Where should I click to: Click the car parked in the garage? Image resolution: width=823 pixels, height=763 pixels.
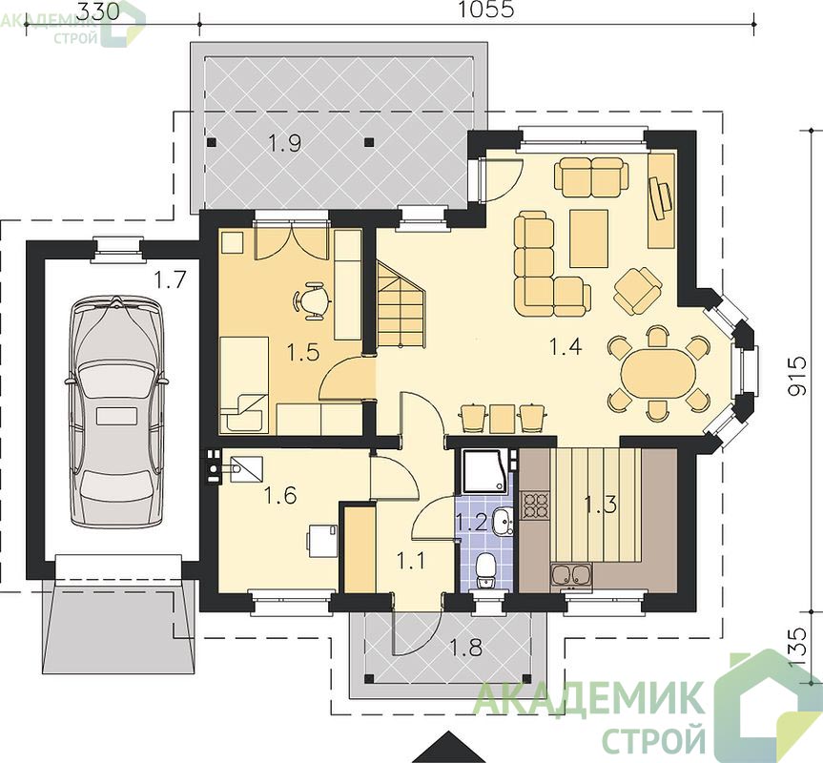(117, 411)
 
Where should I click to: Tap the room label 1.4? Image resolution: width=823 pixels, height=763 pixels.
(565, 347)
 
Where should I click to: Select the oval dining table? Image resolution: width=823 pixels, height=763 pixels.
(658, 374)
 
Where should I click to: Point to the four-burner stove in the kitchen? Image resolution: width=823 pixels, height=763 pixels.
(535, 505)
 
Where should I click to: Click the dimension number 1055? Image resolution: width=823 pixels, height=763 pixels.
(486, 10)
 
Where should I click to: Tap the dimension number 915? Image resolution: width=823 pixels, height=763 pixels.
(798, 375)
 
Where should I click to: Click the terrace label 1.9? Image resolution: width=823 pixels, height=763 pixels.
(284, 142)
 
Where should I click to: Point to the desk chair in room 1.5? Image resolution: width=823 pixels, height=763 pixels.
(312, 300)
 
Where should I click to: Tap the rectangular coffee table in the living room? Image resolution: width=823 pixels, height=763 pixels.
(589, 237)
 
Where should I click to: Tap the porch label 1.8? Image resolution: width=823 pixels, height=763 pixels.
(466, 649)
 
